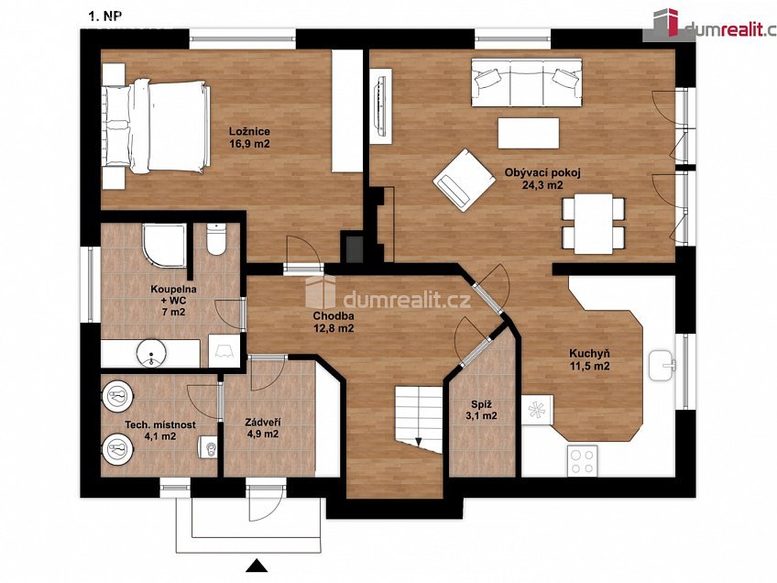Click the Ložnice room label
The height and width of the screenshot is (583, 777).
tap(249, 131)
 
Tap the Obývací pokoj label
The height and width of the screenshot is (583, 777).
tap(542, 173)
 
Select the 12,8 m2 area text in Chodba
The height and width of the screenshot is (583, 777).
tap(334, 327)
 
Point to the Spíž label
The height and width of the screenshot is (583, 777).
tap(476, 403)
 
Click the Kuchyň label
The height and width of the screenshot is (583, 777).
tap(589, 354)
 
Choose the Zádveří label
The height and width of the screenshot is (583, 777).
tap(263, 423)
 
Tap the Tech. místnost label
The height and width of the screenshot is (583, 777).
tap(160, 424)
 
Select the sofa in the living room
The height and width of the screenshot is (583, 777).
tap(526, 82)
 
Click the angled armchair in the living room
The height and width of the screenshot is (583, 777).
tap(465, 180)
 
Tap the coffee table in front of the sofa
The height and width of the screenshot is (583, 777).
tap(529, 133)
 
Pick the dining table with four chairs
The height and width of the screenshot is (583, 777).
tap(593, 223)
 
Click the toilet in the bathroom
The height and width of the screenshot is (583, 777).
tap(216, 238)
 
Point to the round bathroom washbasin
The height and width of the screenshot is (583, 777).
tap(151, 353)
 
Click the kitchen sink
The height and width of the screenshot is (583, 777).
tap(662, 366)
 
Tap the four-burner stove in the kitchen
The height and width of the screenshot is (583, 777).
tap(582, 460)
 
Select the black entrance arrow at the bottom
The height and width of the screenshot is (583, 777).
tap(257, 566)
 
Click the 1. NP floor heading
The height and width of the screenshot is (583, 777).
tap(104, 16)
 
